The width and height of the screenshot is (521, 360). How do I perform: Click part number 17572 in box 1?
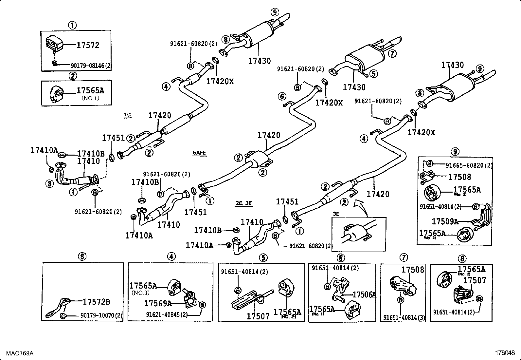pos(88,45)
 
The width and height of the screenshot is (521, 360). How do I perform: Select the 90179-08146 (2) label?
pos(91,66)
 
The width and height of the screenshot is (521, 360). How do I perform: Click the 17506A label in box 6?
pos(364,295)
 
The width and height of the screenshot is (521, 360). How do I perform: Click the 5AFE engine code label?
pos(199,153)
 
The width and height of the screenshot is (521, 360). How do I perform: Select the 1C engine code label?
pos(127,115)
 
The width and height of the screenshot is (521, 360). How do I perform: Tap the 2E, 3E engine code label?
pos(244,203)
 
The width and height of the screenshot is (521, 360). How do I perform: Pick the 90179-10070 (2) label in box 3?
pos(101,316)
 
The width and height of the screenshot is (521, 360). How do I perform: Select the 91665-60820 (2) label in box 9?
pos(469,166)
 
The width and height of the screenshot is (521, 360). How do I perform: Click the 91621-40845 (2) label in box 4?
pos(167,314)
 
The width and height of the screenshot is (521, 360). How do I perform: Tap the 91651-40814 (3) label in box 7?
pos(404,317)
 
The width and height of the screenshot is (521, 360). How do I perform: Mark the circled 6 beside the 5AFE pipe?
pos(282,96)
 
